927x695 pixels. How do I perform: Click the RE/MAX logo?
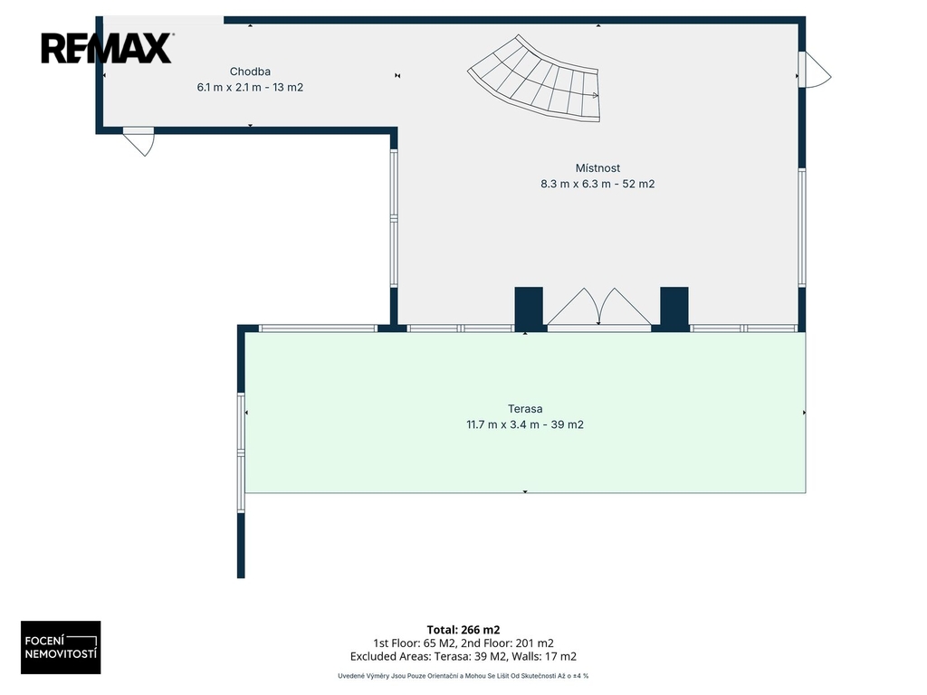click(x=107, y=48)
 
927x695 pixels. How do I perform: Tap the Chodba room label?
click(x=250, y=71)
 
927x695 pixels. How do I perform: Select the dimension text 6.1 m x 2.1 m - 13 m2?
click(x=250, y=88)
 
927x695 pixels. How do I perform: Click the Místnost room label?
click(x=597, y=167)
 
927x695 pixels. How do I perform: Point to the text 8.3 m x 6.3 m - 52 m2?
click(x=597, y=184)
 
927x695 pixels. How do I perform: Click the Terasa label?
click(x=525, y=408)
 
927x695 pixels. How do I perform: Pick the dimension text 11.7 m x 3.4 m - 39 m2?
click(x=525, y=424)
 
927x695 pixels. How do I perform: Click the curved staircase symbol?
click(x=534, y=80)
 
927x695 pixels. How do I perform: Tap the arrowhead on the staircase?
click(x=596, y=94)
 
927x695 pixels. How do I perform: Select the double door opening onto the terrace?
click(x=599, y=308)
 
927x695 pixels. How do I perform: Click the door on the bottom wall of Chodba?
click(x=139, y=141)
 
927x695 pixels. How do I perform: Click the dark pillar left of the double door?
click(x=529, y=309)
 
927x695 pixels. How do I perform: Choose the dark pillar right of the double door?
click(x=674, y=309)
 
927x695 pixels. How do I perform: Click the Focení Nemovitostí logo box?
click(x=61, y=647)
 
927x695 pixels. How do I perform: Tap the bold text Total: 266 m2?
click(x=463, y=630)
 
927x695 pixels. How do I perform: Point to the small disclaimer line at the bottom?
click(x=463, y=675)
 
